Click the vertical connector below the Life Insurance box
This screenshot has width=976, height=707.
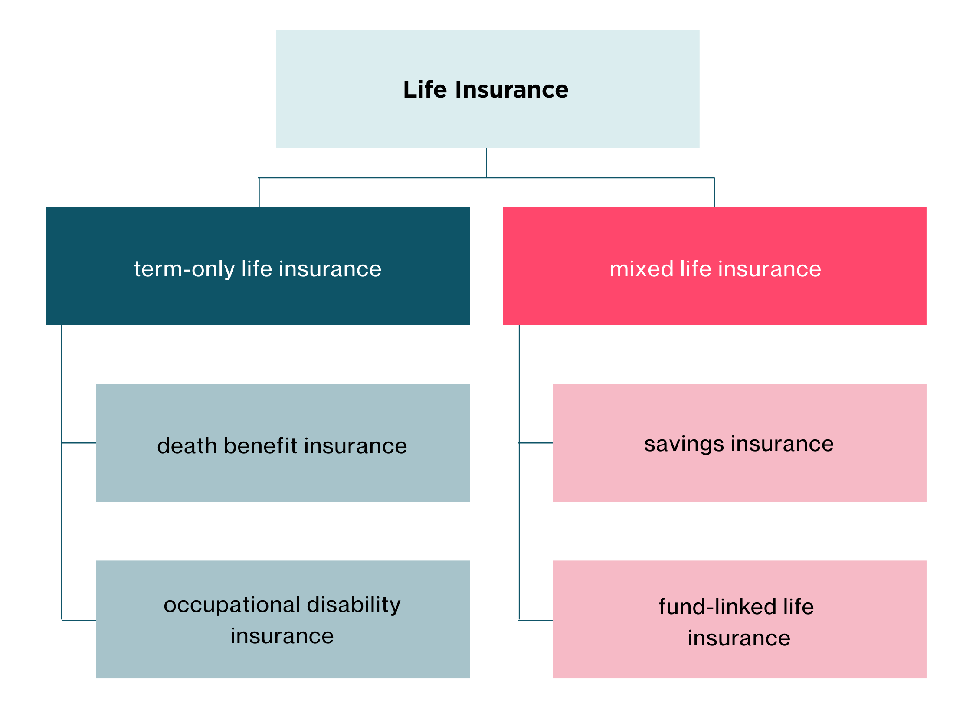pos(486,163)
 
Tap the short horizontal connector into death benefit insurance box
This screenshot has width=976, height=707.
pos(79,443)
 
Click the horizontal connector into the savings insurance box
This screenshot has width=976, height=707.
pos(536,443)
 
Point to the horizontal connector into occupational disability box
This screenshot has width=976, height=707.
pos(79,620)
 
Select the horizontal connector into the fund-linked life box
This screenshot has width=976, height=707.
pos(536,620)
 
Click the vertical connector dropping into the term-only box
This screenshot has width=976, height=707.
pos(259,193)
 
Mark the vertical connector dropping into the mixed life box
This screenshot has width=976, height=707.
pos(714,193)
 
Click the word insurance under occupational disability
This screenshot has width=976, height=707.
pos(282,636)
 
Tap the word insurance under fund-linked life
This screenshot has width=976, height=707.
pos(739,638)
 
